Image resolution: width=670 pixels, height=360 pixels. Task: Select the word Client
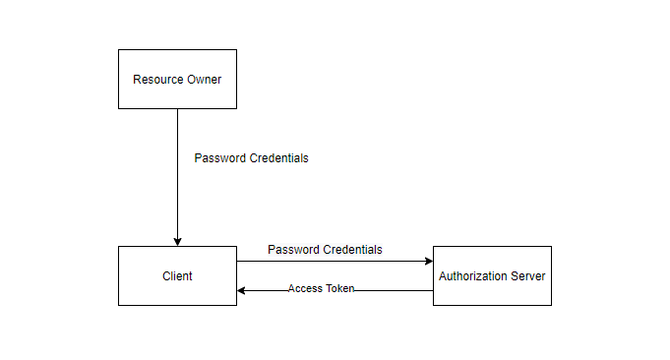click(x=177, y=275)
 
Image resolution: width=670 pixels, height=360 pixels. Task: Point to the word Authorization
click(x=473, y=275)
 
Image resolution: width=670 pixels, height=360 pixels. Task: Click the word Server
click(x=528, y=275)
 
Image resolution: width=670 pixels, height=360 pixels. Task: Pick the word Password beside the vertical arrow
click(x=219, y=158)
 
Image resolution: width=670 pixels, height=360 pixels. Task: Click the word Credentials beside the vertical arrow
click(x=278, y=158)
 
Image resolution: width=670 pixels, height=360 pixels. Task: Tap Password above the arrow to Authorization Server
click(x=293, y=250)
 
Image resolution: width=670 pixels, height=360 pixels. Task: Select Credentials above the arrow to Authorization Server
click(x=352, y=250)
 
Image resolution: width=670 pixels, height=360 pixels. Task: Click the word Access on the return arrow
click(x=305, y=288)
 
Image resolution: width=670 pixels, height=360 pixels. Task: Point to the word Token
click(x=339, y=288)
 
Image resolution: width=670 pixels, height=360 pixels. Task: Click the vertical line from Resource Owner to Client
click(x=177, y=177)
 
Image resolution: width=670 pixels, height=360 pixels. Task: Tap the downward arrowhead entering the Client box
click(x=177, y=242)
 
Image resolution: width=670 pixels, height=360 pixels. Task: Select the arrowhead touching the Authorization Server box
click(x=429, y=261)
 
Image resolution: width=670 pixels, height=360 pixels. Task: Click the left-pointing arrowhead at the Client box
click(x=241, y=291)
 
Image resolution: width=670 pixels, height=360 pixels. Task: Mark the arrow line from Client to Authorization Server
click(x=335, y=261)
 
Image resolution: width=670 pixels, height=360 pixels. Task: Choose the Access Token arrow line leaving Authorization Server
click(x=335, y=291)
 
